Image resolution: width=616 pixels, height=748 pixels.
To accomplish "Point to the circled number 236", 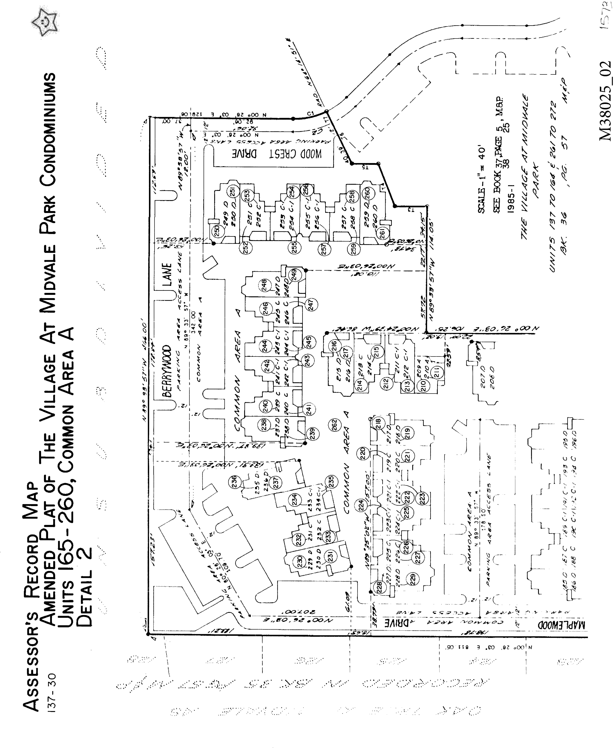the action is [234, 483].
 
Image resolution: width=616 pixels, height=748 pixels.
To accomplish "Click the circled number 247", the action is [311, 304].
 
